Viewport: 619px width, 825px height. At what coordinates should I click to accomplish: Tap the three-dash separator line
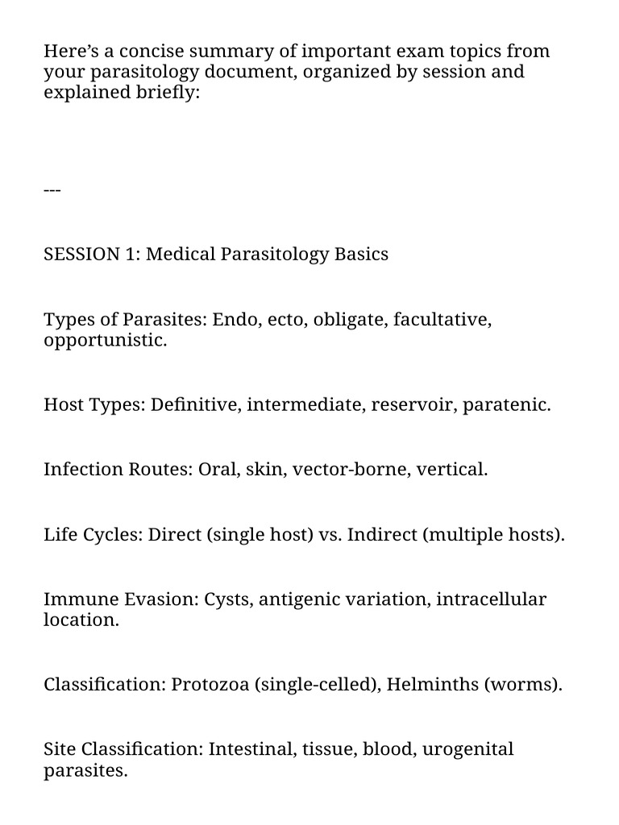point(52,190)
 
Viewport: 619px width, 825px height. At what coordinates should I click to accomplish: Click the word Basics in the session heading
point(361,255)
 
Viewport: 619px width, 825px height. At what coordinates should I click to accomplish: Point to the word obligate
point(350,320)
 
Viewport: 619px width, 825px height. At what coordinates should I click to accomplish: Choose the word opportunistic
point(105,340)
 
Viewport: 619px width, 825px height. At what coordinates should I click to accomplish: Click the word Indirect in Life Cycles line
point(381,535)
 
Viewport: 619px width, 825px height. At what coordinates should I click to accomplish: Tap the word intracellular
point(491,600)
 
